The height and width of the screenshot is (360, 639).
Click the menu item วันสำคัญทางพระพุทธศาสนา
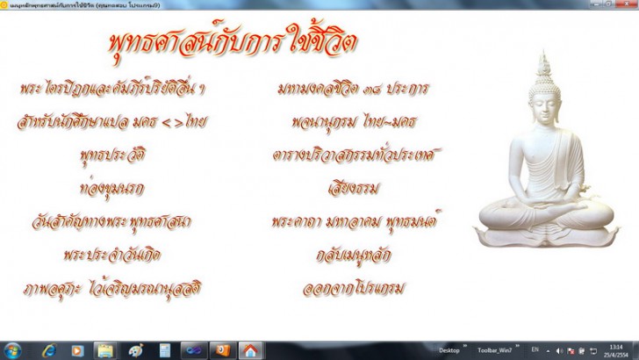(116, 220)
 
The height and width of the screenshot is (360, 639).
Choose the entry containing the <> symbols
(111, 121)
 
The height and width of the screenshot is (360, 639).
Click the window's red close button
(627, 4)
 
